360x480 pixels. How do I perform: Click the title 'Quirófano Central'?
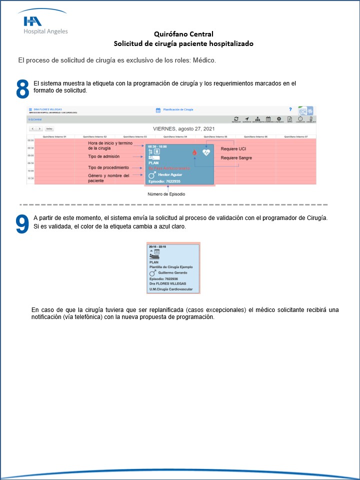(x=184, y=34)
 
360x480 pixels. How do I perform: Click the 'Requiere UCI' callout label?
(x=233, y=149)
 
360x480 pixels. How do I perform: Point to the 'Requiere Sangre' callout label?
(x=236, y=158)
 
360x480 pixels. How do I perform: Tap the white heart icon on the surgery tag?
(x=205, y=152)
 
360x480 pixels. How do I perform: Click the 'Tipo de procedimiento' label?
(x=108, y=167)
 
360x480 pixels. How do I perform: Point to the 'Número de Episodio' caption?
(x=166, y=194)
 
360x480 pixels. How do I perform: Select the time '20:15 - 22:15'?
(x=157, y=246)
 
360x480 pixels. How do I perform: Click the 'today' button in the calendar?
(x=49, y=128)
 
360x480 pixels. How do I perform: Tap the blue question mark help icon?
(x=290, y=109)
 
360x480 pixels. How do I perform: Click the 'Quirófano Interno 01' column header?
(x=54, y=136)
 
